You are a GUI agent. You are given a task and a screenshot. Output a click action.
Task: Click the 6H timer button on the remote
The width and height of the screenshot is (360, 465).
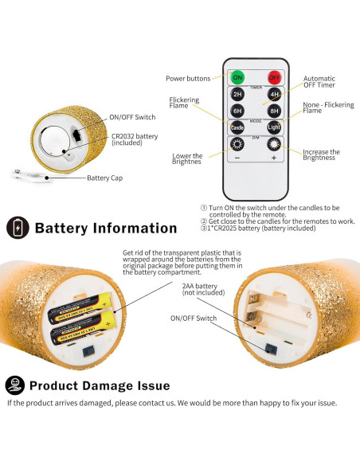pyautogui.click(x=237, y=111)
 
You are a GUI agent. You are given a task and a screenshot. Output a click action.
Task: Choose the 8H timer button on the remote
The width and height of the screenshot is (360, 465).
pyautogui.click(x=273, y=111)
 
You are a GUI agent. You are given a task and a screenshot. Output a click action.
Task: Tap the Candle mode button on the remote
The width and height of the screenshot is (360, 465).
pyautogui.click(x=237, y=127)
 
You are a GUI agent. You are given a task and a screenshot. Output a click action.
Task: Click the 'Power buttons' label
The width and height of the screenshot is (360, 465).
pyautogui.click(x=189, y=78)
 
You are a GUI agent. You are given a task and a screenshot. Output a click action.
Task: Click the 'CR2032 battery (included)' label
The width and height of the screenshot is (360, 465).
pyautogui.click(x=135, y=141)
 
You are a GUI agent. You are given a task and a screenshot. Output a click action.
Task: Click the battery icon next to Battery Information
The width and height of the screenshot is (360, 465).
pyautogui.click(x=16, y=228)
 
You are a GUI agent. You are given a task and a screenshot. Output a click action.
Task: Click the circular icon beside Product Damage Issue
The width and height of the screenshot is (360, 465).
pyautogui.click(x=14, y=385)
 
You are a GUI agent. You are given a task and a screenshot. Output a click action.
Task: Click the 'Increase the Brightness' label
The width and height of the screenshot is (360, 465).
pyautogui.click(x=322, y=154)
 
